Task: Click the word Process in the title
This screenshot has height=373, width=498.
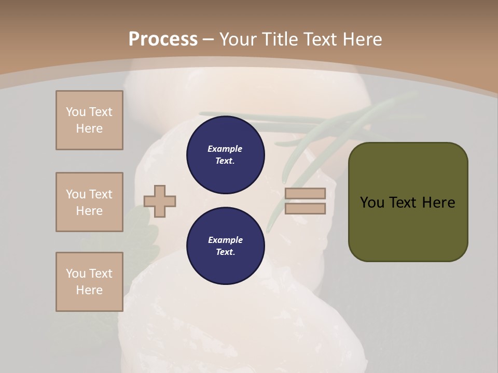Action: click(x=163, y=39)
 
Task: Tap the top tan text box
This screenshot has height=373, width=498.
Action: click(x=89, y=120)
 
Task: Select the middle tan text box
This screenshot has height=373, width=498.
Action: click(x=89, y=202)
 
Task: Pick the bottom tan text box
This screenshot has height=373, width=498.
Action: click(x=89, y=282)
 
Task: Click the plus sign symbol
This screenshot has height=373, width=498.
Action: click(x=160, y=201)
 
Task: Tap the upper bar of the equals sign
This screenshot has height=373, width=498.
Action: click(x=305, y=194)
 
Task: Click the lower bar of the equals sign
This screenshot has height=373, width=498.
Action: click(x=305, y=208)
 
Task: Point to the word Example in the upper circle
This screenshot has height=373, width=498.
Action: click(x=225, y=149)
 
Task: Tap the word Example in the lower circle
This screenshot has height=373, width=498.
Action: click(x=225, y=240)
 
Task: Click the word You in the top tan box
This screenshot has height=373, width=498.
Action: click(x=76, y=112)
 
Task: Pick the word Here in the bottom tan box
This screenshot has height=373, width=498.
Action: click(x=89, y=290)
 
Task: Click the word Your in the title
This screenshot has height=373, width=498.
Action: click(x=241, y=39)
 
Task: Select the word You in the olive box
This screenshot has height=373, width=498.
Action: click(x=372, y=203)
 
